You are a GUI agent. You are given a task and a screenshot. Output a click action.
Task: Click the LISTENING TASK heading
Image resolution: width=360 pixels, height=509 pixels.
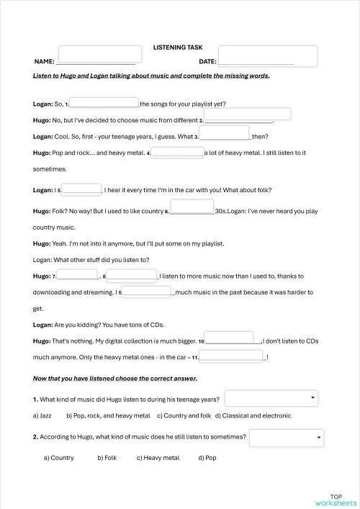click(x=178, y=47)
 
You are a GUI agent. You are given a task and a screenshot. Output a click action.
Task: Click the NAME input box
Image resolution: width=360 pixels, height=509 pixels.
click(x=96, y=55)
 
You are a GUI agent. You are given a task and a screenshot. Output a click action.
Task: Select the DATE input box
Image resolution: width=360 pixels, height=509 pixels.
click(x=267, y=55)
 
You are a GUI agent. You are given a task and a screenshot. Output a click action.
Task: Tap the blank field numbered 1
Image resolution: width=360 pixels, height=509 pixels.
click(x=104, y=103)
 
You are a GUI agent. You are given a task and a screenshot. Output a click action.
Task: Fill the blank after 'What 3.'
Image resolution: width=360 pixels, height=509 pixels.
click(x=224, y=132)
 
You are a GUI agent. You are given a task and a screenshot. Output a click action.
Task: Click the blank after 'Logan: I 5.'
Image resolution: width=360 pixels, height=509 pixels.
click(x=82, y=189)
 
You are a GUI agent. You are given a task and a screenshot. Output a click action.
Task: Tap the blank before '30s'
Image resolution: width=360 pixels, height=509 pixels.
click(x=192, y=208)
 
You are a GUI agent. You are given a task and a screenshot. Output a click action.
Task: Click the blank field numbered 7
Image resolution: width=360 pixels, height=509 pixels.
click(x=77, y=276)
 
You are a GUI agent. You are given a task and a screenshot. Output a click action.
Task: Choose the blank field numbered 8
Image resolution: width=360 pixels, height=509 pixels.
click(x=132, y=276)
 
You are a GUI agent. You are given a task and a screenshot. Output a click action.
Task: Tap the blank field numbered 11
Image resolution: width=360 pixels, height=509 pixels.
click(x=232, y=356)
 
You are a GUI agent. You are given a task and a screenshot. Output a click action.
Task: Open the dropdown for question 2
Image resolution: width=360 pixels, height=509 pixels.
click(x=288, y=436)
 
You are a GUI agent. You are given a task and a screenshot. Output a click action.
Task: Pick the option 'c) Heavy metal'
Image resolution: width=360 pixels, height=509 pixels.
click(x=158, y=457)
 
